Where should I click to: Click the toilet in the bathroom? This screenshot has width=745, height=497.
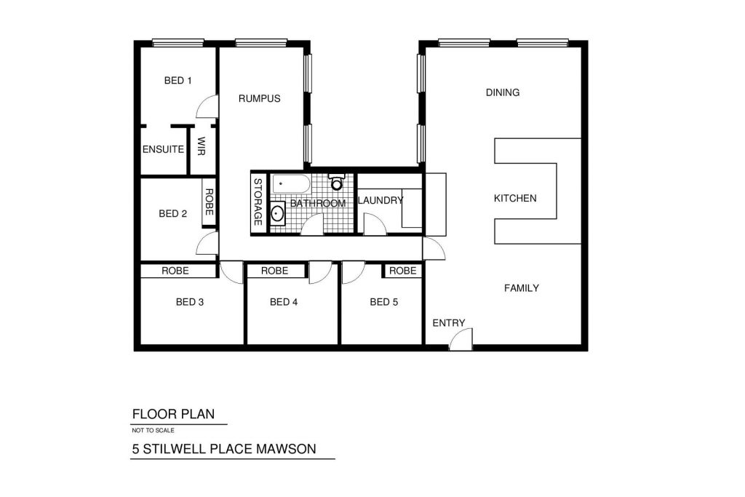[336, 182]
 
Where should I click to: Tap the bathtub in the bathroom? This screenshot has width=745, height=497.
[291, 184]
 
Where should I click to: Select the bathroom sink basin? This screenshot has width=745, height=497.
[277, 213]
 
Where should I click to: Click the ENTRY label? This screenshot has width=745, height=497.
[448, 323]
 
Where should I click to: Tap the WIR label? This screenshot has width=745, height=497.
[201, 146]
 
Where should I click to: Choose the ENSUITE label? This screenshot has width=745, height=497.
[163, 149]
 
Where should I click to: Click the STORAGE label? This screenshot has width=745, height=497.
[258, 202]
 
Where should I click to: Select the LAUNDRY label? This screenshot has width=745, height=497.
[381, 201]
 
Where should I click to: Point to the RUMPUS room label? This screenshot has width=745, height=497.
[260, 98]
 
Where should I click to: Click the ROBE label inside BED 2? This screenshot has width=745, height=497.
[209, 202]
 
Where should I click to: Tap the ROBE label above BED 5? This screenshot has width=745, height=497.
[403, 271]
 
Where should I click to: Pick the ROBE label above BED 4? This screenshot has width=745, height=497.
[274, 271]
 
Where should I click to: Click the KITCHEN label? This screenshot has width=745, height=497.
[515, 198]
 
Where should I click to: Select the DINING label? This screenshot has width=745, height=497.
[503, 92]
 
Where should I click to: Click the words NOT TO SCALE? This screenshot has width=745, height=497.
[153, 431]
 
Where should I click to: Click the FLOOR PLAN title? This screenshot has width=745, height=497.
[173, 414]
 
